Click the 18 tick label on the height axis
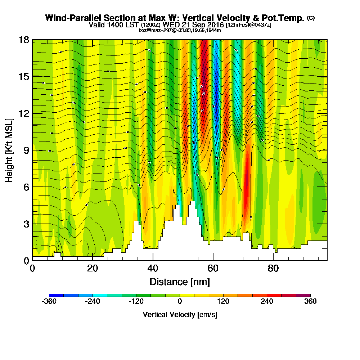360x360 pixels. click(x=24, y=40)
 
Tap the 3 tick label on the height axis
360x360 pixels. click(x=26, y=224)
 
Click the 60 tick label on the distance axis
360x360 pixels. click(x=213, y=269)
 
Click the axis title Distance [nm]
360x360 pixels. click(x=180, y=281)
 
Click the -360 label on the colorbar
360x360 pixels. click(x=49, y=302)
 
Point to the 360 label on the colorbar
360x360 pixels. click(x=310, y=302)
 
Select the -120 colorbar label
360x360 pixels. click(x=136, y=302)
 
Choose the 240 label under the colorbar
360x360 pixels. click(x=267, y=302)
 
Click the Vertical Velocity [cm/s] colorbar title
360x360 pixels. click(x=180, y=315)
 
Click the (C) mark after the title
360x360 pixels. click(x=311, y=18)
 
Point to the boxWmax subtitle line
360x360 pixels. click(x=180, y=30)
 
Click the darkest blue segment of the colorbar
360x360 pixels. click(x=56, y=295)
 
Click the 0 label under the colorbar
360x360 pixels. click(x=180, y=302)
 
